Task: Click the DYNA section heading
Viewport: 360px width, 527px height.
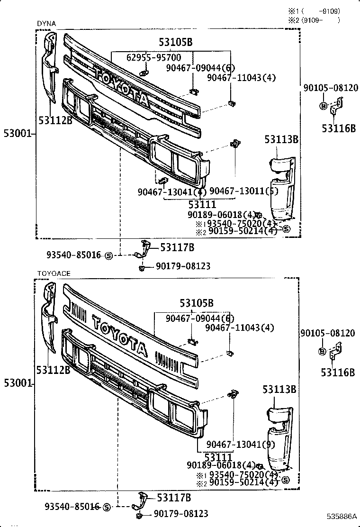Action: point(46,23)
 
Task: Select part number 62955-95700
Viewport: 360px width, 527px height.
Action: point(153,57)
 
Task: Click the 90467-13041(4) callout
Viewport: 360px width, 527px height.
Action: point(172,192)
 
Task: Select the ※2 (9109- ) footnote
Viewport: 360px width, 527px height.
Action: point(315,20)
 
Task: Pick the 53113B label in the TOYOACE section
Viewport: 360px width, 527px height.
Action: point(279,389)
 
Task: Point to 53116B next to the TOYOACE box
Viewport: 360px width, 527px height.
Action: point(338,373)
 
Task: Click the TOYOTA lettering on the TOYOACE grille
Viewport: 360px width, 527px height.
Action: point(119,336)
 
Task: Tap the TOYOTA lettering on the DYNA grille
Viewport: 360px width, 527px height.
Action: point(122,86)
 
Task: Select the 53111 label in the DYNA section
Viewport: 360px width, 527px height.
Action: point(202,205)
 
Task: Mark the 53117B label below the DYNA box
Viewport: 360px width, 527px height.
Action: point(177,247)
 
